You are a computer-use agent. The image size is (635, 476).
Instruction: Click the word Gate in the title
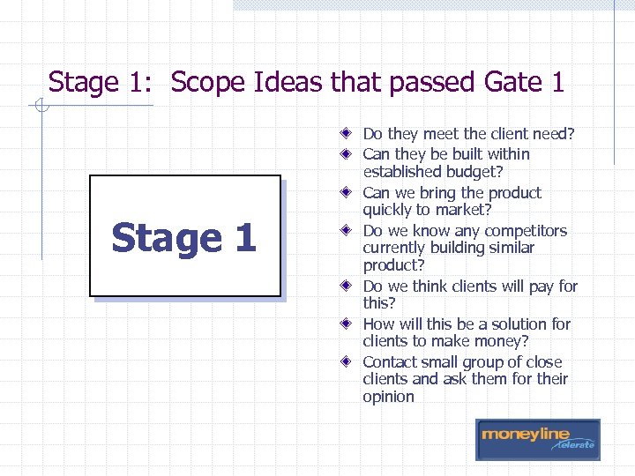click(x=512, y=83)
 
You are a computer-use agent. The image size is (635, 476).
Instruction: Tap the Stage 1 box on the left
click(x=184, y=238)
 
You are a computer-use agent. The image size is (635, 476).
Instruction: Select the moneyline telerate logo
click(x=537, y=439)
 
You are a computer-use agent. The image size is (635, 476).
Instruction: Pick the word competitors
click(x=523, y=231)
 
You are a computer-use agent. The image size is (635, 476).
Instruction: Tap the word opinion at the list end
click(x=388, y=397)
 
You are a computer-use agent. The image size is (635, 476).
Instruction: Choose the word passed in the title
click(x=434, y=83)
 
